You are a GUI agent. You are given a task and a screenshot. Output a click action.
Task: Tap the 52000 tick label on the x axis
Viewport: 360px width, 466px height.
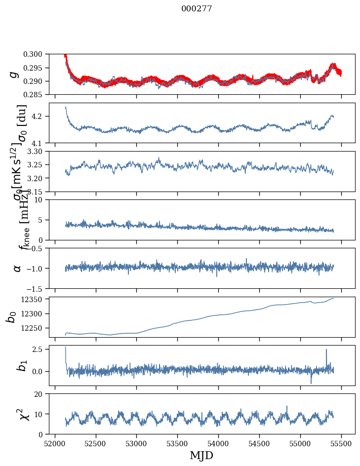coord(55,443)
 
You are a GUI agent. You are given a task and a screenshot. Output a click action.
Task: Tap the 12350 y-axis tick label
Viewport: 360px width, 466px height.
coord(35,299)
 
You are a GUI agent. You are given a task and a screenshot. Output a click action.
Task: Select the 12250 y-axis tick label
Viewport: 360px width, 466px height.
coord(35,328)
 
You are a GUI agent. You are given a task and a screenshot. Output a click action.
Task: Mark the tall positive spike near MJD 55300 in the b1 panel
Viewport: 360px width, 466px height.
coord(326,350)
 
